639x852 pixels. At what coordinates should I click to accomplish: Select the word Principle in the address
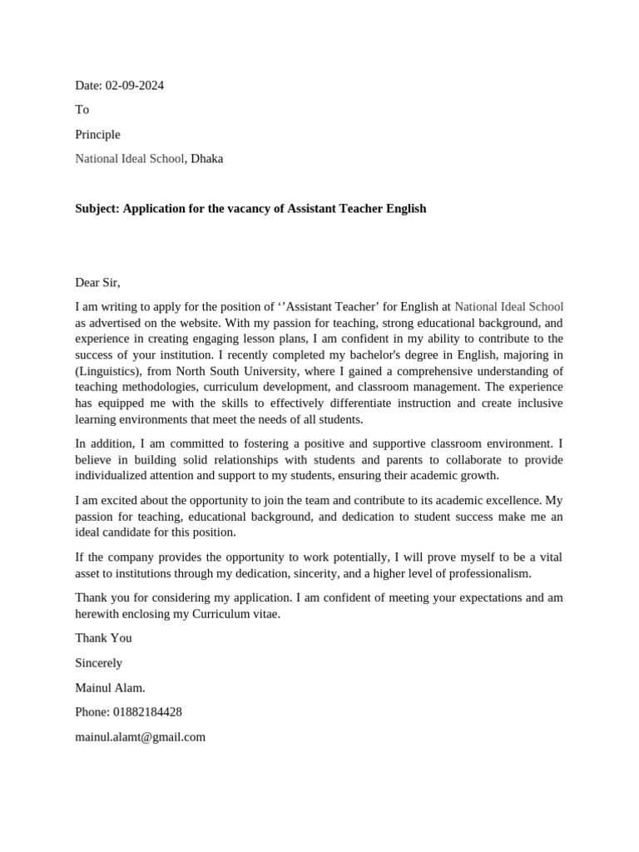coord(97,134)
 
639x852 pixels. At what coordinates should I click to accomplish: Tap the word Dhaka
coord(206,158)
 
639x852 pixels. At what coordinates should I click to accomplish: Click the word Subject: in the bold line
coord(97,208)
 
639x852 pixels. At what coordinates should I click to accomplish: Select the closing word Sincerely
coord(98,662)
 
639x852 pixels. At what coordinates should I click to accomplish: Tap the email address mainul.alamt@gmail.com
coord(140,736)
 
